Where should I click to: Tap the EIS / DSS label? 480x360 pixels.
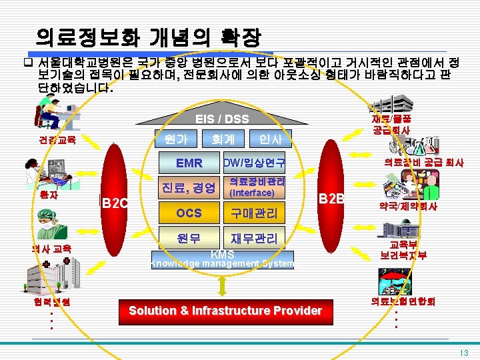click(222, 119)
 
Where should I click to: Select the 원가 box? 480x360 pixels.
click(175, 139)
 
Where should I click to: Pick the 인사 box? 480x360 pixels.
click(269, 139)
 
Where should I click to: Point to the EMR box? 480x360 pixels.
click(189, 163)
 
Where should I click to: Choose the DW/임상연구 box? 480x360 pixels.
click(254, 163)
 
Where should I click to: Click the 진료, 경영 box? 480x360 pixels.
click(189, 188)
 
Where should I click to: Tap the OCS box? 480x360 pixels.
click(189, 213)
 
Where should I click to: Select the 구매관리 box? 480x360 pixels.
click(254, 213)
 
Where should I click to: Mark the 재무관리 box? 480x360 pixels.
click(254, 238)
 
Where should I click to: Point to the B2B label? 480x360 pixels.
click(331, 198)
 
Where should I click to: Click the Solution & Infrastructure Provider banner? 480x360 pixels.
click(225, 311)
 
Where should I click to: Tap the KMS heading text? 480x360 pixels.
click(222, 254)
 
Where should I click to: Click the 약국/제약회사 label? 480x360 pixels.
click(408, 207)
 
